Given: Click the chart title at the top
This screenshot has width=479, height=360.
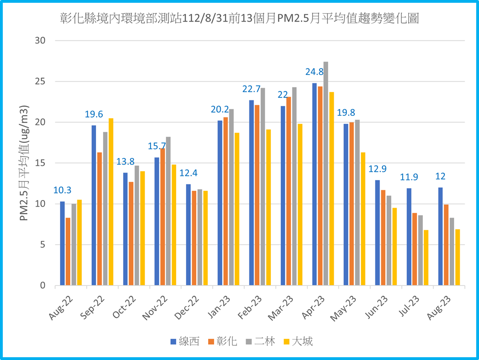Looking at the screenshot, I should (239, 19).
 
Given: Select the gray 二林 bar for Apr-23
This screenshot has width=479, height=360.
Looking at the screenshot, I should (326, 173).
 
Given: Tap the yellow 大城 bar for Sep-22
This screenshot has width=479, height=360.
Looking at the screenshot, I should (111, 202).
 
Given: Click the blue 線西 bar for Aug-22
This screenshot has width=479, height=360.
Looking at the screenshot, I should (62, 243).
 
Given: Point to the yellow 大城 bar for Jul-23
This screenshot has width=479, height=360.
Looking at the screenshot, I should (426, 257).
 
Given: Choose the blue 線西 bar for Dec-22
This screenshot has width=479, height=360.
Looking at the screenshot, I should (188, 234).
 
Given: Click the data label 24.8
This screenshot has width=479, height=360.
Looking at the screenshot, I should (314, 72).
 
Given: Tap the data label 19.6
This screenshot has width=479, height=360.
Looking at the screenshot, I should (94, 114).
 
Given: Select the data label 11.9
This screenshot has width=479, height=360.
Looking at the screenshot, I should (409, 177).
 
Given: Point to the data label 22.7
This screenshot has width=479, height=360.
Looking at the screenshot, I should (252, 89).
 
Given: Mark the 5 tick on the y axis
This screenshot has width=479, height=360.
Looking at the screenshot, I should (43, 245).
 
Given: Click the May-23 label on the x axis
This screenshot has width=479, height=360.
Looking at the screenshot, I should (344, 309).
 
